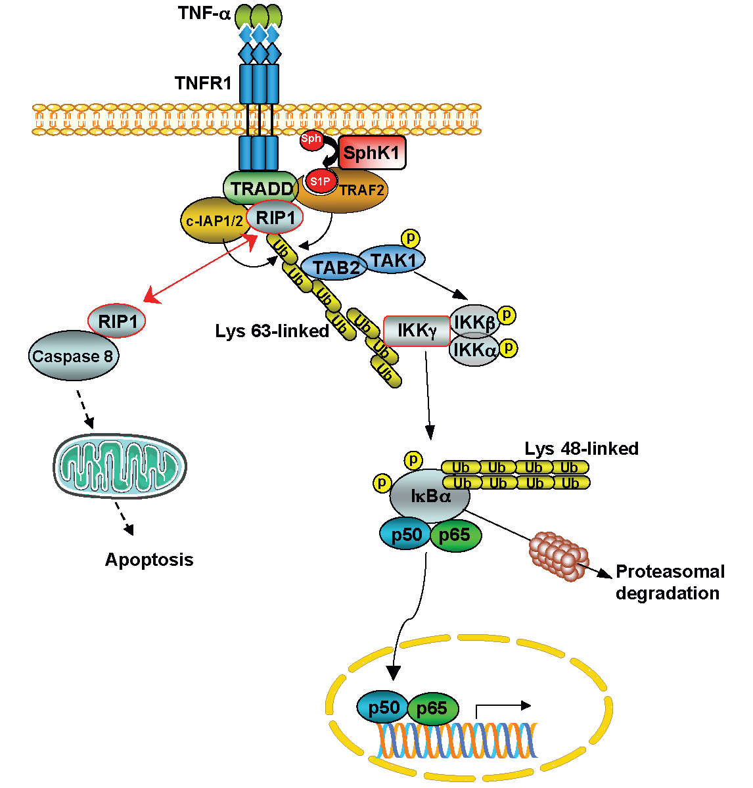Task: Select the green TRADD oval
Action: click(x=262, y=188)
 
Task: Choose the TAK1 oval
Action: click(x=393, y=260)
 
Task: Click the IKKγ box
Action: click(x=417, y=331)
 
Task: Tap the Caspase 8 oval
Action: click(x=73, y=357)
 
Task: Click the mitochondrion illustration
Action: click(x=120, y=466)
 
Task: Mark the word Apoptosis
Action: click(x=149, y=560)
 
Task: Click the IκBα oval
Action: click(x=430, y=496)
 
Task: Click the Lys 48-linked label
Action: click(x=582, y=449)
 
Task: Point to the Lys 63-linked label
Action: click(x=272, y=331)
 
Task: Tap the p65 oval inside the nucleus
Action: click(x=432, y=709)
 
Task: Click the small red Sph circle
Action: click(x=311, y=139)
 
